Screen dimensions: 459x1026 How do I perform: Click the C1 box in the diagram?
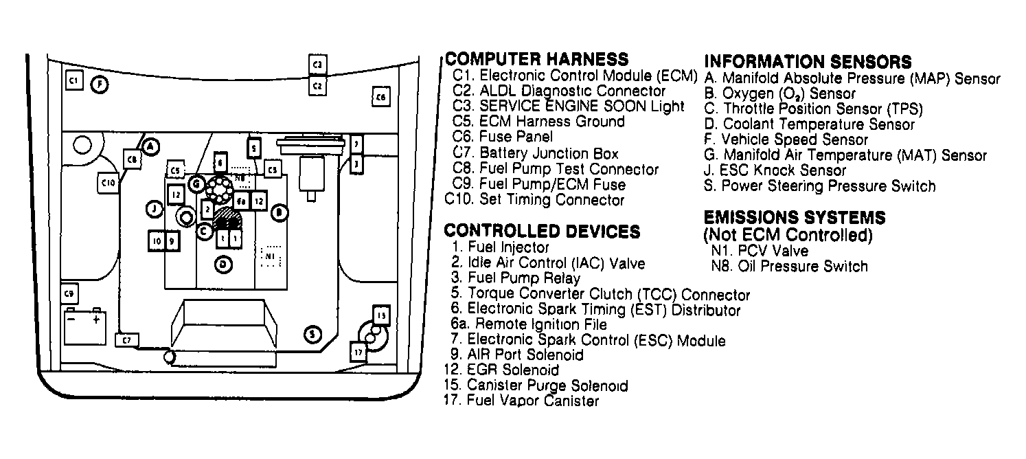coord(73,80)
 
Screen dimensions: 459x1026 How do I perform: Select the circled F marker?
coord(100,85)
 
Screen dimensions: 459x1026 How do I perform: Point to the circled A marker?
coord(152,146)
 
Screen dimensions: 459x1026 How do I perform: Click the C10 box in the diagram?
coord(108,183)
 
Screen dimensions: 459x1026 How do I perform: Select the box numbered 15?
coord(381,315)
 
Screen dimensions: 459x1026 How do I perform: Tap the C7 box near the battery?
coord(126,339)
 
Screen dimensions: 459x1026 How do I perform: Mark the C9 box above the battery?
coord(69,294)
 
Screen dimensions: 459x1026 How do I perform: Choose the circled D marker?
coord(223,263)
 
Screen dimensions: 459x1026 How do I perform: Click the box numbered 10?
coord(157,241)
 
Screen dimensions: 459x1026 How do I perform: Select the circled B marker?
coord(279,213)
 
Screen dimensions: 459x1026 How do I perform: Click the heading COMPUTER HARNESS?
coord(536,59)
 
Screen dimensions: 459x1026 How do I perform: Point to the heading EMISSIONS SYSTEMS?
coord(795,219)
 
